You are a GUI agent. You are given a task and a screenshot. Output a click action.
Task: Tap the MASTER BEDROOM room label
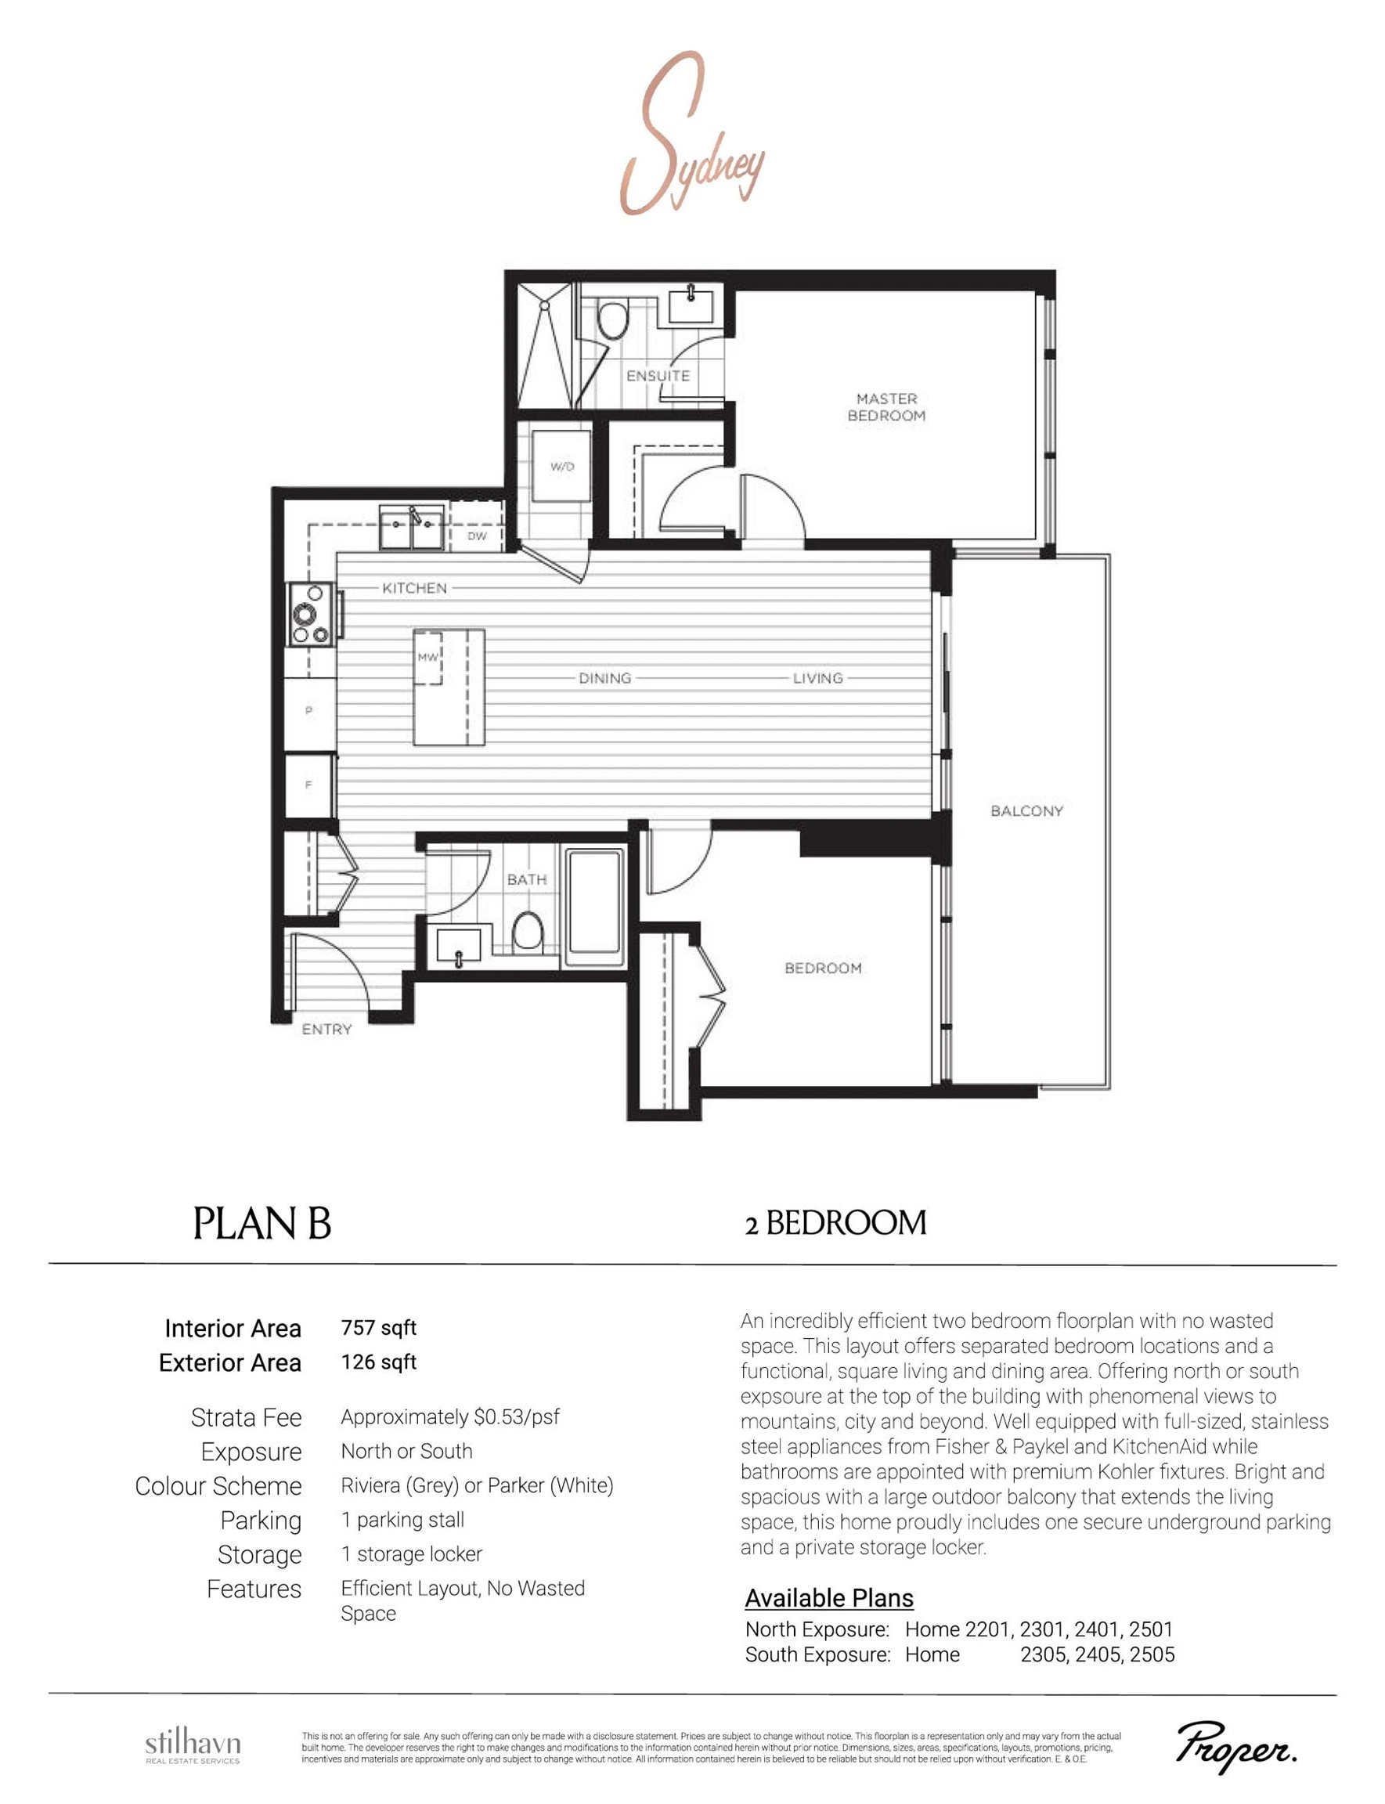886,407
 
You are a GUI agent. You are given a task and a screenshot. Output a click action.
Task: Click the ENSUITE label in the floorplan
657,376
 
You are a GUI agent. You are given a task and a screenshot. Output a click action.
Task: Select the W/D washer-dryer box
561,467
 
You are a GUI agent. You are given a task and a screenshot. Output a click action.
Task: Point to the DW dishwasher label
477,536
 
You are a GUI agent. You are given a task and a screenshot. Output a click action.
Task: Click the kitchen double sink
411,528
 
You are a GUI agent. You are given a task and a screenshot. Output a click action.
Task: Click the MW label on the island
427,657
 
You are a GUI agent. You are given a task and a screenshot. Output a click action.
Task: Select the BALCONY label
1026,811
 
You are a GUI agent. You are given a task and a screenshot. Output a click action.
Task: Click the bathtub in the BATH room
593,907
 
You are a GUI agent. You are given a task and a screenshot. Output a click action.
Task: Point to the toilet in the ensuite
611,320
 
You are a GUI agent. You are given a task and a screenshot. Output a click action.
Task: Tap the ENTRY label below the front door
326,1030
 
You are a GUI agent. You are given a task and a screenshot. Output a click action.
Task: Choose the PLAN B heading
262,1224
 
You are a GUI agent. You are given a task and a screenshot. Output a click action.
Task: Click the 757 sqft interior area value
378,1328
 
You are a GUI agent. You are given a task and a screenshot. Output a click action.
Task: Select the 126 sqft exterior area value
378,1362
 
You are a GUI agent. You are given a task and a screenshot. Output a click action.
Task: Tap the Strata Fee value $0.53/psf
450,1417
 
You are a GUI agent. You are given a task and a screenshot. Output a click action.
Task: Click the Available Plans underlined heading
828,1598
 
